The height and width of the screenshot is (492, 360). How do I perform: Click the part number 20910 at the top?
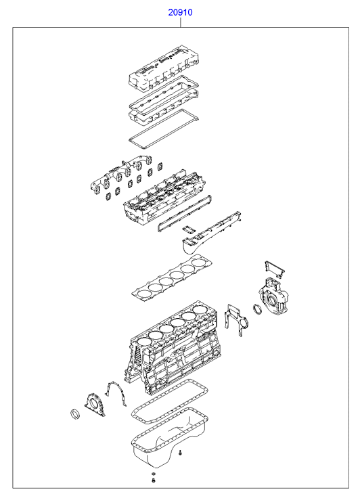coord(180,13)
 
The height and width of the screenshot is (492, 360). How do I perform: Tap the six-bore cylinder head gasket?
coord(171,277)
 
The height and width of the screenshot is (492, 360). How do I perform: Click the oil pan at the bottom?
coord(170,439)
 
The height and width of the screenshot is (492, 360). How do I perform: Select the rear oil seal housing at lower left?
coord(94,405)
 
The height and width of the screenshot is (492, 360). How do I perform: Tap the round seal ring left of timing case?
coord(257,309)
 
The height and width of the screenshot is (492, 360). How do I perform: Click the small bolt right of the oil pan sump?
coord(181,453)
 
